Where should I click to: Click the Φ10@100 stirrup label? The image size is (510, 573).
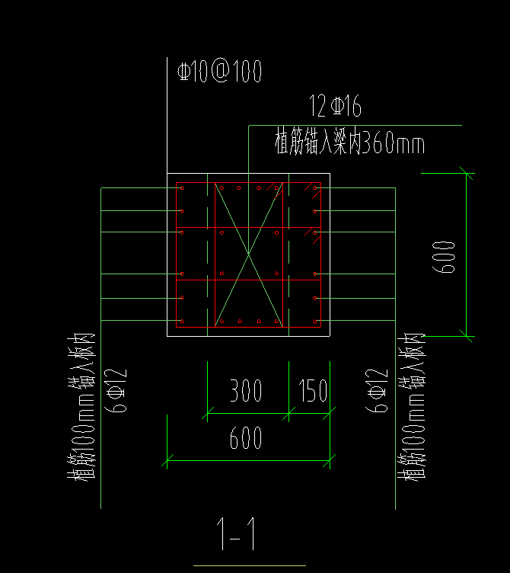220,72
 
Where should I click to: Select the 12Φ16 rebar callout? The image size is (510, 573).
336,106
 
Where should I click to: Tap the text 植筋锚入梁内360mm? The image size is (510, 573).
349,142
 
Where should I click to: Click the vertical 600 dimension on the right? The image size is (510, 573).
448,257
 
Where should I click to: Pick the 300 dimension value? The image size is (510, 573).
246,392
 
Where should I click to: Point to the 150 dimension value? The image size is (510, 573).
313,392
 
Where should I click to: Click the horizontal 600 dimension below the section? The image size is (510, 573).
246,438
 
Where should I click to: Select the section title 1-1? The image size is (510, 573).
236,534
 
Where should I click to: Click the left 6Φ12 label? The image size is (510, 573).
120,391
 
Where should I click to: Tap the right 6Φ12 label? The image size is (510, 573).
376,391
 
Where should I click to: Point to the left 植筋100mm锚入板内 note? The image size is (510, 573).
83,408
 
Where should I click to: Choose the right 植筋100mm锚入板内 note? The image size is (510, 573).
412,408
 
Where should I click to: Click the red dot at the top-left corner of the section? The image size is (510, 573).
182,187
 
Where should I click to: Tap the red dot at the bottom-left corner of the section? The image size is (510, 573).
182,321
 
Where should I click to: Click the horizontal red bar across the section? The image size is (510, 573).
244,228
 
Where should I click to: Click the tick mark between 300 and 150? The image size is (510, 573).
289,413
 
